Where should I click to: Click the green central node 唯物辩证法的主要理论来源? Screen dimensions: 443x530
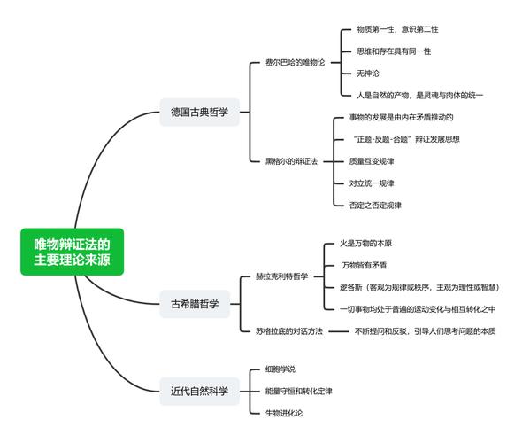[x=73, y=251]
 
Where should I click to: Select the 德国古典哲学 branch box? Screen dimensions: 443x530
[x=199, y=113]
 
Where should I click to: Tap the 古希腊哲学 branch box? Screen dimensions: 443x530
[x=199, y=305]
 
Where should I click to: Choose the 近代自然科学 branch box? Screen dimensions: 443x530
[x=199, y=390]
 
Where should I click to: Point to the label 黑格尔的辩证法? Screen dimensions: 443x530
[x=291, y=162]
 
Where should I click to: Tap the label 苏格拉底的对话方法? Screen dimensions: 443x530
[x=288, y=330]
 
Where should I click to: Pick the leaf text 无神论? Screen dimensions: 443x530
[x=367, y=73]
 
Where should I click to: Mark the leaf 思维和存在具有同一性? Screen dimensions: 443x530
[x=393, y=51]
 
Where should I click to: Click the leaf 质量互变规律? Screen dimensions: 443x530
[x=372, y=161]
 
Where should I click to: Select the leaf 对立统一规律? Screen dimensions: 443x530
[x=372, y=183]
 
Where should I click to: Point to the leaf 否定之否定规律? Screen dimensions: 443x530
[x=375, y=205]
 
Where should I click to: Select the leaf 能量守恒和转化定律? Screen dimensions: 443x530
[x=298, y=391]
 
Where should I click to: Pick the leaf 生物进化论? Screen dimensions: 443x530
[x=283, y=413]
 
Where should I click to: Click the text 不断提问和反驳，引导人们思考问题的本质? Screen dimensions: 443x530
[x=424, y=330]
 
